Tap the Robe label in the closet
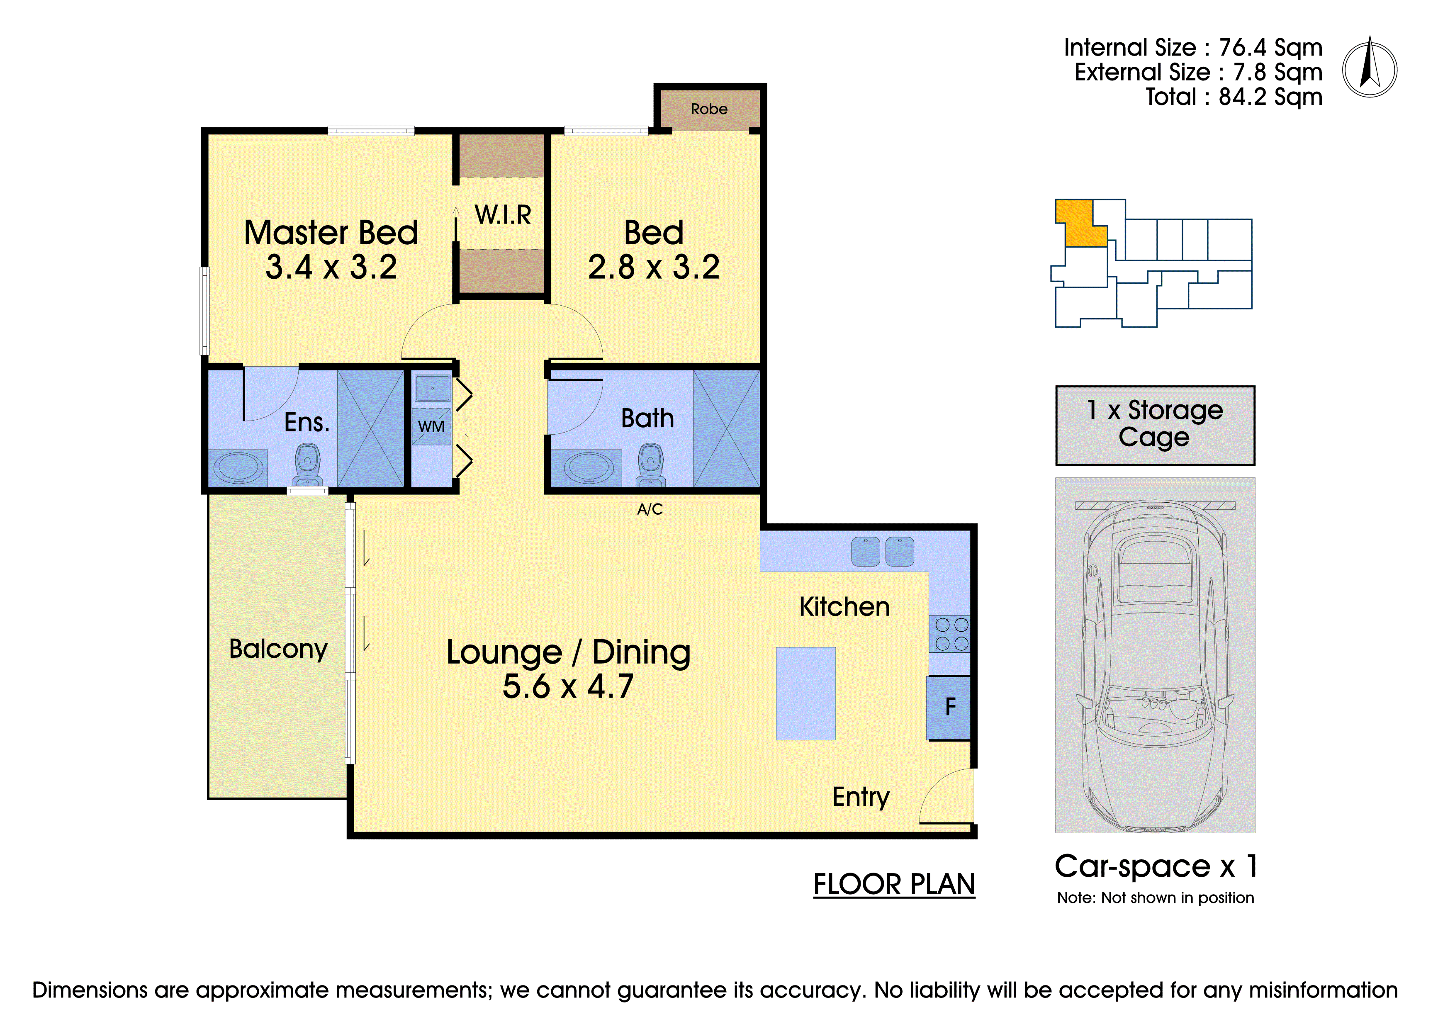(709, 109)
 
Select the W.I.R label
(503, 215)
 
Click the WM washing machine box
(431, 426)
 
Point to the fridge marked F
(949, 708)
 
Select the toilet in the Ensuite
(307, 465)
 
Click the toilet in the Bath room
(650, 465)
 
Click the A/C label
(650, 509)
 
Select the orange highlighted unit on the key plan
(1081, 223)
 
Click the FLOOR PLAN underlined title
(894, 885)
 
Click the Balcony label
(278, 650)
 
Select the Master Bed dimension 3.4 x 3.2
(331, 267)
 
